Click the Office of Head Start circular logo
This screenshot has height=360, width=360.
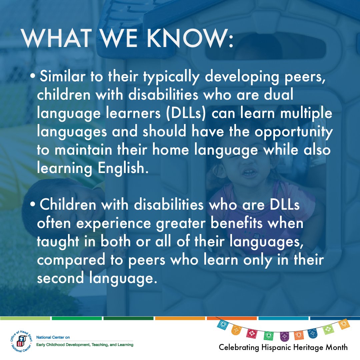click(x=22, y=340)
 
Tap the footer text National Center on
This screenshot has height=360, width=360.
click(x=51, y=338)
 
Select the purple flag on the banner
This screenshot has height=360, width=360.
click(x=284, y=335)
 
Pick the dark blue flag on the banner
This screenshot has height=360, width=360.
click(x=312, y=332)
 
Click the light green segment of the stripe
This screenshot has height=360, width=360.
click(x=25, y=318)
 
